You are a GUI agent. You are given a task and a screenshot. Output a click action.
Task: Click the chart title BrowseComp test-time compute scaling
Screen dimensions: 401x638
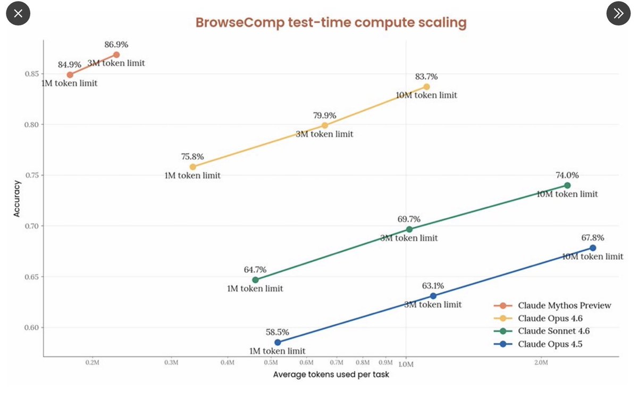[331, 23]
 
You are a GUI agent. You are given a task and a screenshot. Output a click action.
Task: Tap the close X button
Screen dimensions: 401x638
[18, 14]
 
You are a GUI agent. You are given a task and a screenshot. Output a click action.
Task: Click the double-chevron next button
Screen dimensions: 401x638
[618, 14]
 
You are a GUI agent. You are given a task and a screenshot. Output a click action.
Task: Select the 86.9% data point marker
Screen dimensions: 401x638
[116, 55]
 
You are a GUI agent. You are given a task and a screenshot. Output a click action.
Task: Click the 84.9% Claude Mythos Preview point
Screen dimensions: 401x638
[70, 75]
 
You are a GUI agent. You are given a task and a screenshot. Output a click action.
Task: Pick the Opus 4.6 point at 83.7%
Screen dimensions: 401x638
[426, 87]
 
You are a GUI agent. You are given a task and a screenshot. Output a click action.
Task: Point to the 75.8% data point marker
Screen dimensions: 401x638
[192, 167]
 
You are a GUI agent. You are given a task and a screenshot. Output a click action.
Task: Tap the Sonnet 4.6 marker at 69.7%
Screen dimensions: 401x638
[409, 229]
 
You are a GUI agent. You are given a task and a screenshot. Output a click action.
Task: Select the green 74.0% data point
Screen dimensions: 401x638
[567, 185]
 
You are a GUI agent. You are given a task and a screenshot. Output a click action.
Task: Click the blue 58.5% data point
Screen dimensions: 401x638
[278, 343]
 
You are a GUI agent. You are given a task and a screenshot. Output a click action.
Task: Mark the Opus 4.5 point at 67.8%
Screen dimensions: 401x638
[593, 248]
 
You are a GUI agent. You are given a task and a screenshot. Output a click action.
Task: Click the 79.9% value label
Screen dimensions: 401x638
[324, 115]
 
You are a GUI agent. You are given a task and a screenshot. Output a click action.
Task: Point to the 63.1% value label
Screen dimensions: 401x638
[433, 286]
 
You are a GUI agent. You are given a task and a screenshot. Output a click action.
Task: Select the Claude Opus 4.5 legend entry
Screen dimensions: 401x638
[550, 344]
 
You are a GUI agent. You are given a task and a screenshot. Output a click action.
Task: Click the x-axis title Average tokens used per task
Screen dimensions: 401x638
[331, 375]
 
